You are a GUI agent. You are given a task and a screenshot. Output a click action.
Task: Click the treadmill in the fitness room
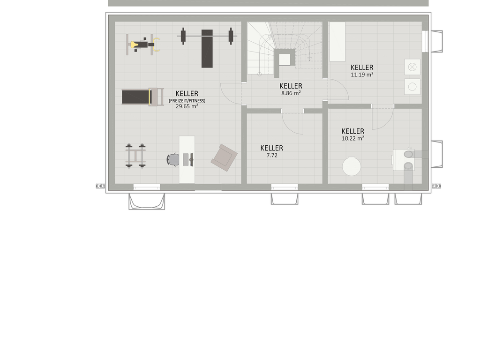coord(142,97)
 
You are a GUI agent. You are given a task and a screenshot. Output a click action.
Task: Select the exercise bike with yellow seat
coord(143,45)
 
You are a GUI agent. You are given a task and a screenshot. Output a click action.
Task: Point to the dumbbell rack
coord(135,156)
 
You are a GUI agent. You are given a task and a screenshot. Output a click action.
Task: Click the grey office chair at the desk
coord(173,159)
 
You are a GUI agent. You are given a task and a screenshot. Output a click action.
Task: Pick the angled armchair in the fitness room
coord(224,157)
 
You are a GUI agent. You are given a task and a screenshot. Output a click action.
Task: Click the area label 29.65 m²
coord(187,106)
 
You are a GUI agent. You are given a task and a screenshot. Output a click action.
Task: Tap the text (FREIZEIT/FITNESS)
coord(187,101)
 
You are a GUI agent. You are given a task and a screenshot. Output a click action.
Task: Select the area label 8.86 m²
coord(291,93)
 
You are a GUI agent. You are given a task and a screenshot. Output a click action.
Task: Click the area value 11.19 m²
coord(362,75)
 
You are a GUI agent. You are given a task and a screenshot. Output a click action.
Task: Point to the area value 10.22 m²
coord(352,138)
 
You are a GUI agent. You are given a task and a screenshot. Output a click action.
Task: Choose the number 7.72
coord(272,155)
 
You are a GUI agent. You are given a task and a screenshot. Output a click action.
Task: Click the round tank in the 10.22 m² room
coord(352,166)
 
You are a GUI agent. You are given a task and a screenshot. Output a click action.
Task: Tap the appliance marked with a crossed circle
coord(412,67)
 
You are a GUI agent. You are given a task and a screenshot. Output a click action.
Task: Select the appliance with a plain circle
coord(412,87)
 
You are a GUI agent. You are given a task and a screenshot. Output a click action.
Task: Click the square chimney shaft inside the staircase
coord(285,60)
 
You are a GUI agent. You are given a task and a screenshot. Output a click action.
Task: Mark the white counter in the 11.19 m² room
coord(337,42)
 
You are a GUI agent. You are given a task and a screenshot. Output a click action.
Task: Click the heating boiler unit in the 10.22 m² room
coord(404,159)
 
